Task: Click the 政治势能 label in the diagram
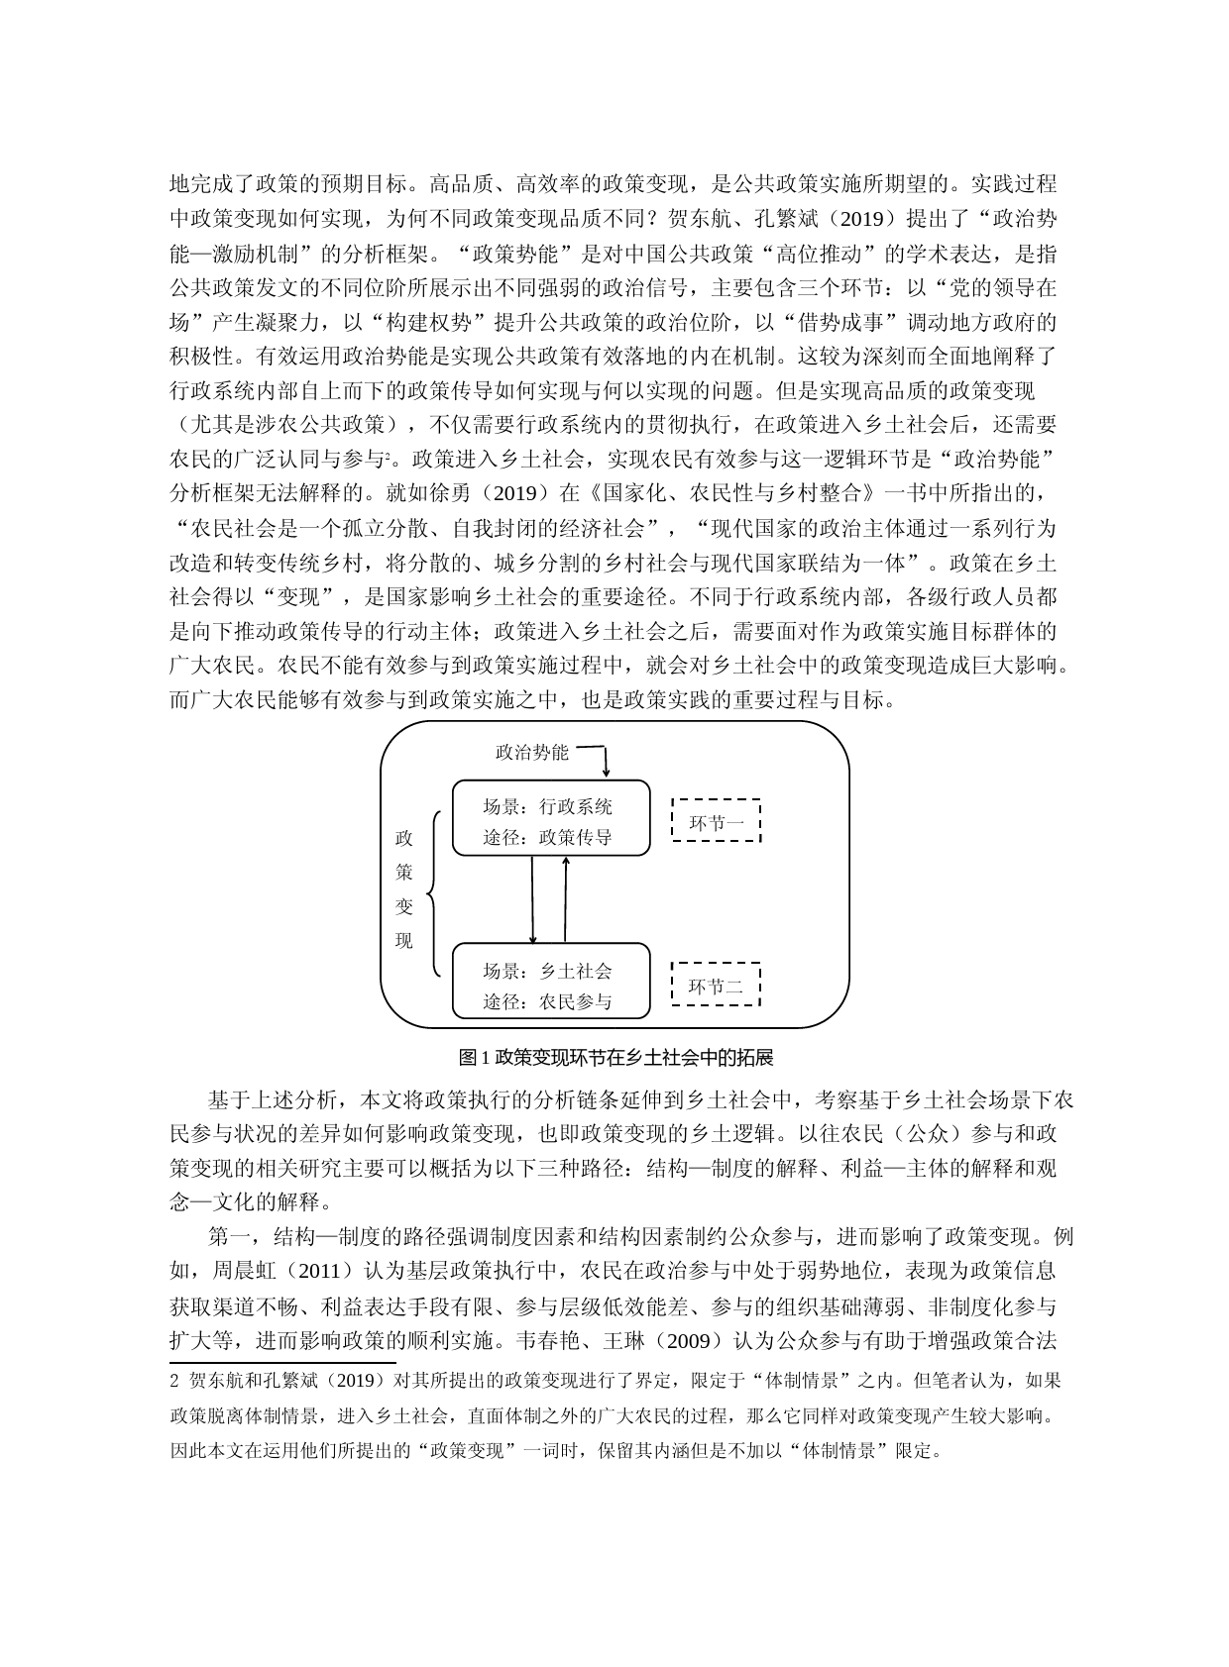pyautogui.click(x=532, y=752)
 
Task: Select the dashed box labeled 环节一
pyautogui.click(x=716, y=821)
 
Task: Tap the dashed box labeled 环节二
pyautogui.click(x=716, y=985)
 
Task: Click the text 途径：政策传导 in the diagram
pyautogui.click(x=547, y=837)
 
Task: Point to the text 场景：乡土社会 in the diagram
pyautogui.click(x=547, y=971)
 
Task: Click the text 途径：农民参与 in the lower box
pyautogui.click(x=547, y=1001)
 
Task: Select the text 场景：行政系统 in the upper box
pyautogui.click(x=547, y=806)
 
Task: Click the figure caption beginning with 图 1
pyautogui.click(x=615, y=1058)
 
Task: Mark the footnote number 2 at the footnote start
pyautogui.click(x=175, y=1381)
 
